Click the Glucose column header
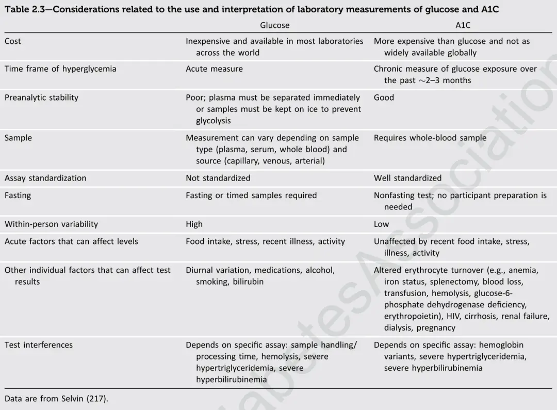(x=274, y=25)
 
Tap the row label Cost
(x=13, y=41)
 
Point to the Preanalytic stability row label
(x=41, y=97)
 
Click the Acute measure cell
(x=214, y=69)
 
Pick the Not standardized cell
(x=218, y=178)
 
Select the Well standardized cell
(x=407, y=178)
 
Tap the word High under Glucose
(x=194, y=224)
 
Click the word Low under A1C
(x=381, y=224)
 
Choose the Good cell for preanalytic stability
(x=384, y=97)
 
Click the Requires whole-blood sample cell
(x=430, y=138)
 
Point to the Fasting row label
(x=18, y=195)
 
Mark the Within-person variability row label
(x=51, y=224)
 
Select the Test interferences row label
(x=39, y=345)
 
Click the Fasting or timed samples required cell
(x=251, y=195)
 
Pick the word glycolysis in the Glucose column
(x=213, y=121)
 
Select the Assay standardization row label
(x=45, y=178)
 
